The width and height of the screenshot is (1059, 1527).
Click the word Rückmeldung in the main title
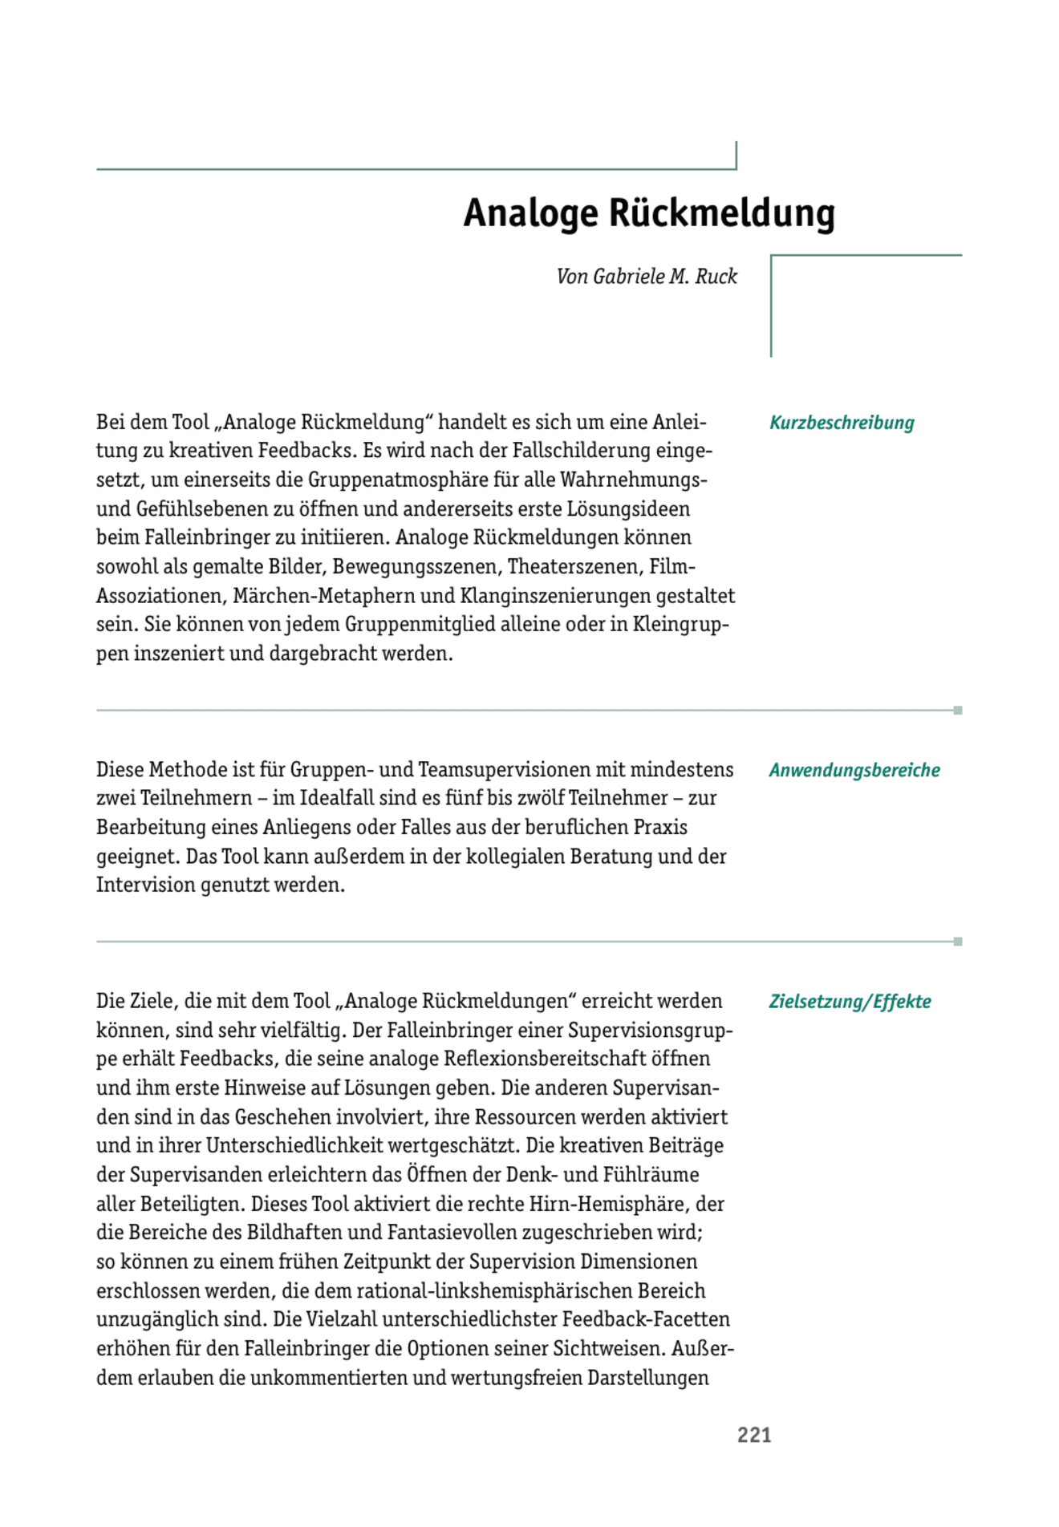722,213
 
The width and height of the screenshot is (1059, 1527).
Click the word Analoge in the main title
530,213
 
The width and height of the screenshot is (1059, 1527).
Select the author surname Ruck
716,277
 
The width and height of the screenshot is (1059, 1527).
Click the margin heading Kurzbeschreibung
842,423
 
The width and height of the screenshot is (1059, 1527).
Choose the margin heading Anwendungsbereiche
854,770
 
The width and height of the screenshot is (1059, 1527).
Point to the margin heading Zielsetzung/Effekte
850,1002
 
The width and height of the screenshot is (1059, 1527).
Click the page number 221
754,1435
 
